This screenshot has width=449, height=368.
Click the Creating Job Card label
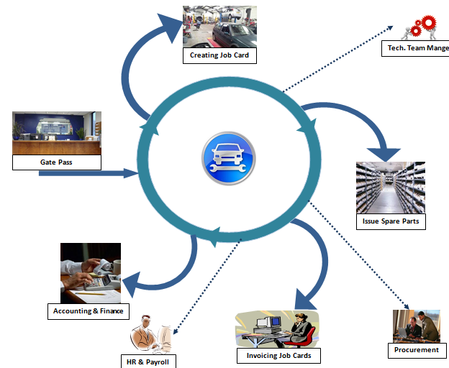219,55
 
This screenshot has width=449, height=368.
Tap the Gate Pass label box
56,162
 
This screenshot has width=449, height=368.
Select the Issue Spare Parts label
390,221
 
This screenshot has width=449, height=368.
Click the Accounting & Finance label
88,311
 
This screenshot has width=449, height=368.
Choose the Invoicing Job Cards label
278,356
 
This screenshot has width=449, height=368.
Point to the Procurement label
416,350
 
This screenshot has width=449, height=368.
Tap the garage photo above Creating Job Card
219,27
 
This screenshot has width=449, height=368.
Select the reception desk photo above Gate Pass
56,134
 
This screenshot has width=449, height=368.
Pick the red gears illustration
419,27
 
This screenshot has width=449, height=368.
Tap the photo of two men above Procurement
416,326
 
